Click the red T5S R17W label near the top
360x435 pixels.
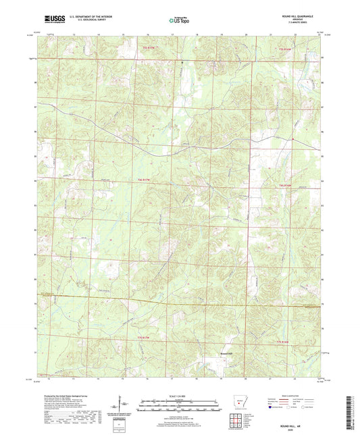coord(149,47)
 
